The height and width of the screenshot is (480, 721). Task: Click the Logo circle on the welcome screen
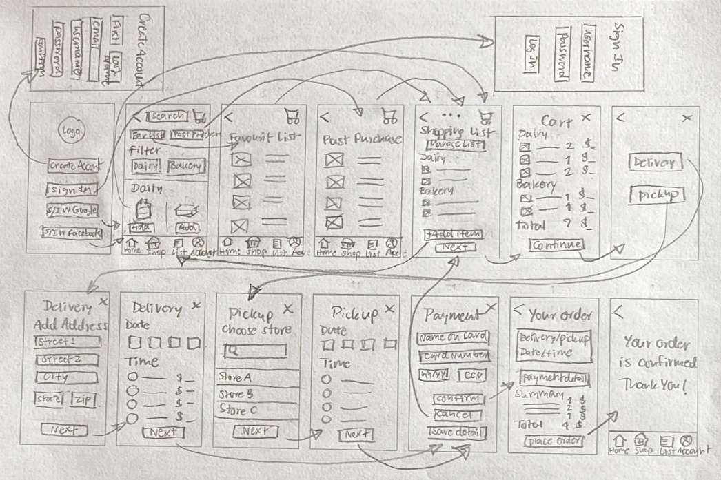point(68,131)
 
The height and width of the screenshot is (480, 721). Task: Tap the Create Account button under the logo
point(74,166)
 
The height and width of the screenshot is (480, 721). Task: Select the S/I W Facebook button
point(72,233)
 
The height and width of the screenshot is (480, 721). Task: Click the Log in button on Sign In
point(533,51)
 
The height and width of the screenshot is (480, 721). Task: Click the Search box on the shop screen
point(166,116)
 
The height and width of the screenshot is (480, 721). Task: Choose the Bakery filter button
point(185,166)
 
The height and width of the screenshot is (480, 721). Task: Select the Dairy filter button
point(145,166)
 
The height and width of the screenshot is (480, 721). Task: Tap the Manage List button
point(456,145)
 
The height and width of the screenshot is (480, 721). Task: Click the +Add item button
point(453,234)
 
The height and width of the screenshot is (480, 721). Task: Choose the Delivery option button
point(655,163)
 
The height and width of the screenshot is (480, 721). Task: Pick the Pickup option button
point(656,195)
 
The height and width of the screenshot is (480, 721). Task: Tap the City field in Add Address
point(66,378)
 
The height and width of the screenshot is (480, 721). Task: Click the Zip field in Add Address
point(82,400)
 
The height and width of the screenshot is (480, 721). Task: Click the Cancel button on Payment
point(453,415)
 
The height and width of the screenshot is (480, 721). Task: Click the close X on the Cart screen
point(586,118)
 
